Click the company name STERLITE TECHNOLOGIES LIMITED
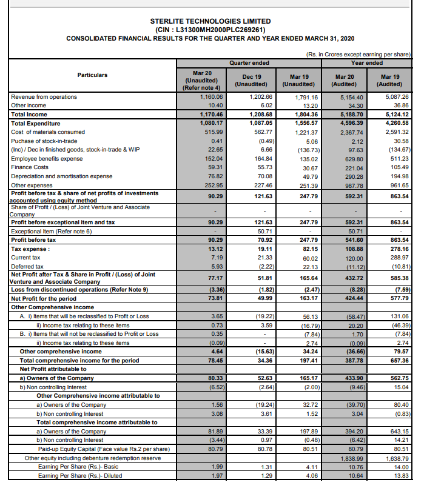pyautogui.click(x=210, y=21)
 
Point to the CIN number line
pyautogui.click(x=210, y=29)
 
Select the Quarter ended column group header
pyautogui.click(x=249, y=62)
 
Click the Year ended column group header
pyautogui.click(x=366, y=62)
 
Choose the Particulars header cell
pyautogui.click(x=92, y=75)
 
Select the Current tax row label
pyautogui.click(x=28, y=258)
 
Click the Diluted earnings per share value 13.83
pyautogui.click(x=399, y=475)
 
